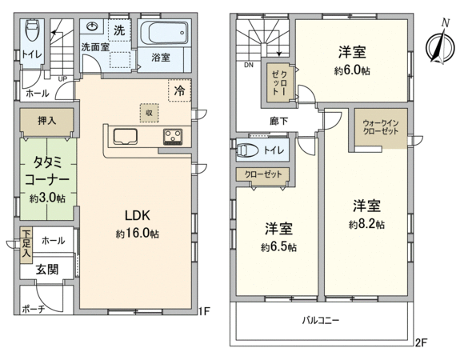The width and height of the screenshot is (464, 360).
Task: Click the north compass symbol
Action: (x=440, y=44)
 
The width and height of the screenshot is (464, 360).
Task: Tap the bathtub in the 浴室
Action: (x=164, y=33)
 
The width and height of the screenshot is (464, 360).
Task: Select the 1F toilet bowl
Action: (x=31, y=30)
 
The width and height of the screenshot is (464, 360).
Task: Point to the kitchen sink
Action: (x=125, y=137)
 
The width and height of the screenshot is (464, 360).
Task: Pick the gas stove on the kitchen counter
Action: (x=173, y=138)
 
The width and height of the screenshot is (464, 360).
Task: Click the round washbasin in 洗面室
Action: (x=92, y=27)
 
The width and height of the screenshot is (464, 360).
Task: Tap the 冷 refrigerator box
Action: (x=180, y=90)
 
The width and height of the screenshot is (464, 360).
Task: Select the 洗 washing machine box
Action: (x=119, y=30)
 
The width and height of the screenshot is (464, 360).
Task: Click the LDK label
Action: (x=138, y=216)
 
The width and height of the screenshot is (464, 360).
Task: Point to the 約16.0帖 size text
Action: (x=138, y=234)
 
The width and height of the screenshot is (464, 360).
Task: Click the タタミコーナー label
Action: (x=47, y=171)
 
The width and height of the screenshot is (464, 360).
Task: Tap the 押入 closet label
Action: (x=46, y=120)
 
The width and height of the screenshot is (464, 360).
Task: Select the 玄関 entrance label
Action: (x=47, y=270)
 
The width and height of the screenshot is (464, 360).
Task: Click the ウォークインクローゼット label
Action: (x=381, y=127)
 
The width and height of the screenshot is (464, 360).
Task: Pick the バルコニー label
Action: (x=321, y=320)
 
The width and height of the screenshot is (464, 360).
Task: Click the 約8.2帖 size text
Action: (x=367, y=225)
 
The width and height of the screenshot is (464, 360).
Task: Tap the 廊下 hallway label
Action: (x=278, y=121)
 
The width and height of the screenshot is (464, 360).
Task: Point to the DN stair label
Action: (x=249, y=66)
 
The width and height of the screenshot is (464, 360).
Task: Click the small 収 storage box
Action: (x=149, y=113)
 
